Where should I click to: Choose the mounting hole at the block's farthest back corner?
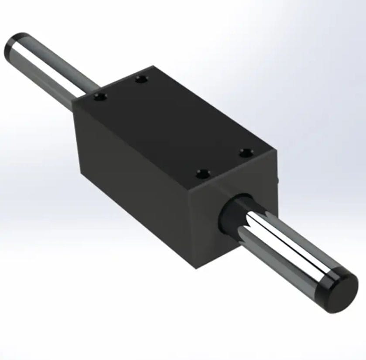140,79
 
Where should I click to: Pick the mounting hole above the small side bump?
247,152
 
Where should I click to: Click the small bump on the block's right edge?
277,179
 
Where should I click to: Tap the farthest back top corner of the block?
152,66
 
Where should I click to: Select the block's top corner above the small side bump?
277,150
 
